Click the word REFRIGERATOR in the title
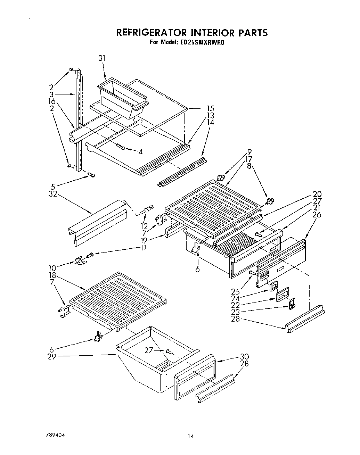coord(152,33)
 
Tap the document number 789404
coord(56,435)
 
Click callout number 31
coord(102,58)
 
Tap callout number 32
coord(53,195)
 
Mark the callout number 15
coord(210,109)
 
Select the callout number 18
coord(53,275)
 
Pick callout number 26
coord(317,215)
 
